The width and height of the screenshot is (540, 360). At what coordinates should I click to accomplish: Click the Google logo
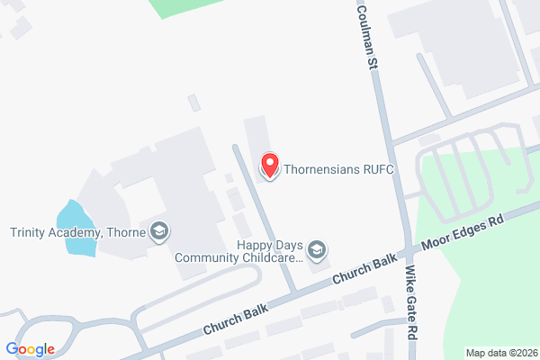click(x=30, y=348)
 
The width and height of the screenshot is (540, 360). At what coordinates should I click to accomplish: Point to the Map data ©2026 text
click(x=500, y=352)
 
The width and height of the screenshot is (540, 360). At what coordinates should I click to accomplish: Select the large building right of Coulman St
click(x=459, y=45)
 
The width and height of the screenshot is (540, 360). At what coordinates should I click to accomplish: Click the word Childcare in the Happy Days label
click(x=276, y=256)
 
